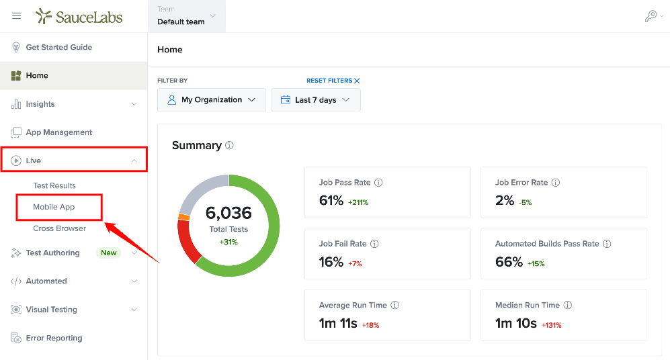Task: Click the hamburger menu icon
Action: pos(16,16)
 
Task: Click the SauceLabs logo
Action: pos(79,16)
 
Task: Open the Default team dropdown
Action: pos(187,16)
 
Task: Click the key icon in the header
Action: pos(651,16)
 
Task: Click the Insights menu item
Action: pos(40,104)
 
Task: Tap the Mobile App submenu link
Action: pos(54,207)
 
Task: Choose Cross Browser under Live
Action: pos(59,228)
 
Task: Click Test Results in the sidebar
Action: pos(54,186)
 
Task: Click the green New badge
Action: pos(109,253)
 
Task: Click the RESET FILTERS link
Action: pos(333,81)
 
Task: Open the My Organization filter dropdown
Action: pos(212,100)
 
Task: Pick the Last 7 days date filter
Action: pos(316,100)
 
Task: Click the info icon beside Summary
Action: pos(229,145)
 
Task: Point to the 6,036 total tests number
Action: pos(228,213)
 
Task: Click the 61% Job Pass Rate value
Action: pos(331,200)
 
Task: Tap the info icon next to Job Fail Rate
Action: pos(374,244)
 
